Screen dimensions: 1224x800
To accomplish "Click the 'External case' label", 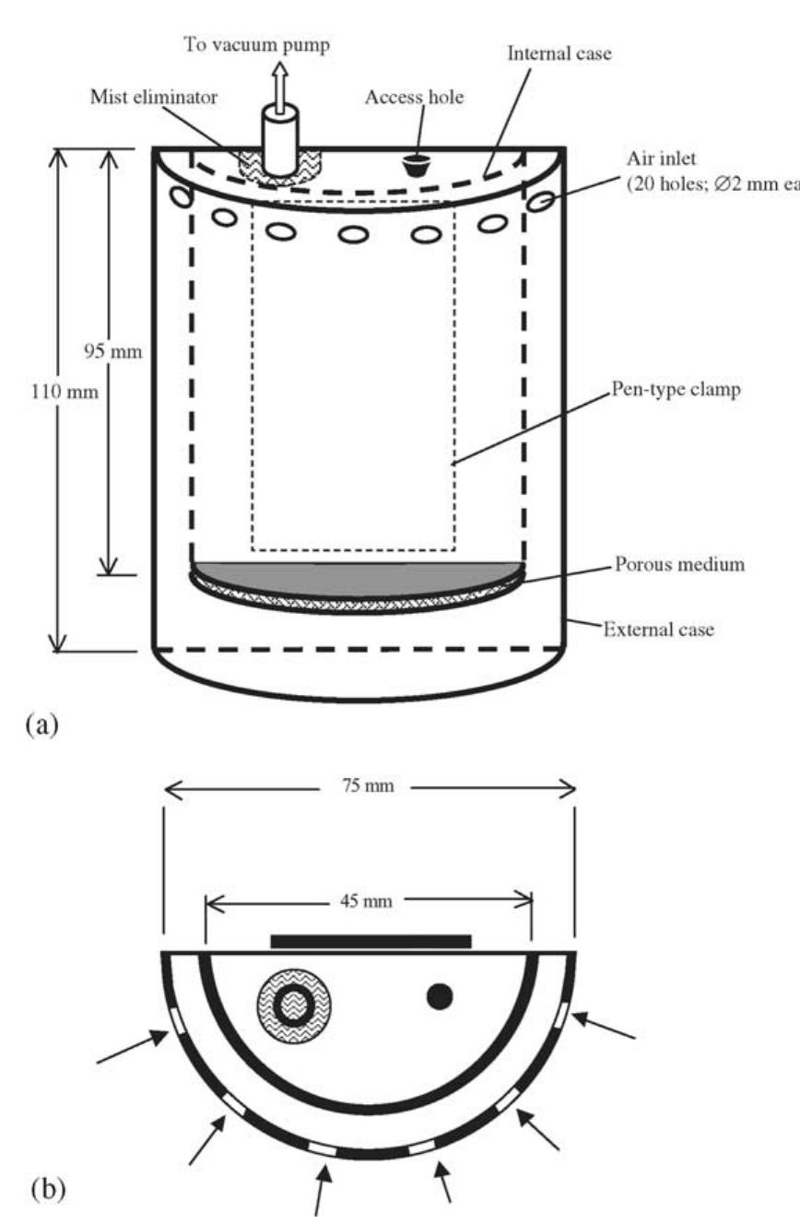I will click(658, 630).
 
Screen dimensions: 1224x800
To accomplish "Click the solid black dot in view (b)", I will click(440, 995).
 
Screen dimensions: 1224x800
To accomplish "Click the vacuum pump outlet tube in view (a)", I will click(279, 138).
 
